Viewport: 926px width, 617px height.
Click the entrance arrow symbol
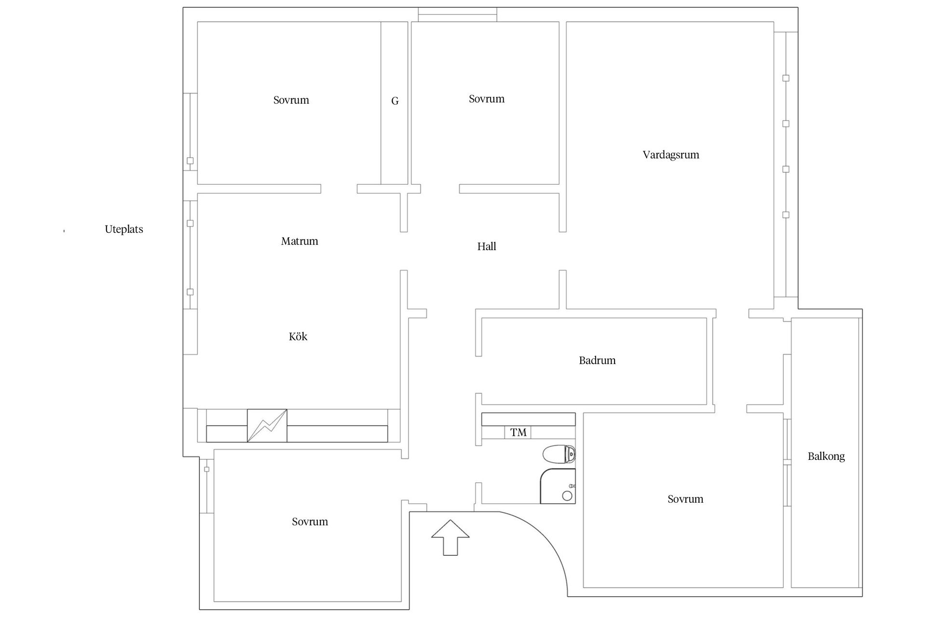(450, 537)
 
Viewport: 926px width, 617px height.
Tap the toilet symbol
(559, 454)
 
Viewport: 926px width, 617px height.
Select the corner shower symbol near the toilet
(558, 486)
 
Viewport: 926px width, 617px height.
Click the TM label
(518, 432)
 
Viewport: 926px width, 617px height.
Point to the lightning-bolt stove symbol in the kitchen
(267, 426)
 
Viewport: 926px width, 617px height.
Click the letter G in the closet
(395, 101)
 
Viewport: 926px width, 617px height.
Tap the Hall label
(487, 246)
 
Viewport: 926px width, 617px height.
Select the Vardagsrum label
(671, 155)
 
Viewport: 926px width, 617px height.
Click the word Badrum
(597, 360)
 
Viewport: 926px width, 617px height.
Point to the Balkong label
(826, 456)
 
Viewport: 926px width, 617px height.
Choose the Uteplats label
(124, 229)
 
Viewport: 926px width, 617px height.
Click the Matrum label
(300, 241)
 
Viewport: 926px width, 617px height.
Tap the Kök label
(298, 336)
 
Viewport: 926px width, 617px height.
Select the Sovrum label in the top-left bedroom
(291, 100)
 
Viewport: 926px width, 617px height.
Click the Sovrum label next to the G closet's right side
(487, 99)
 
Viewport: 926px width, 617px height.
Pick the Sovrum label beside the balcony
(685, 499)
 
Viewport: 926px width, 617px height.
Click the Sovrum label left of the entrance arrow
(310, 522)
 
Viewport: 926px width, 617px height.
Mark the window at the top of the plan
(457, 14)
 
